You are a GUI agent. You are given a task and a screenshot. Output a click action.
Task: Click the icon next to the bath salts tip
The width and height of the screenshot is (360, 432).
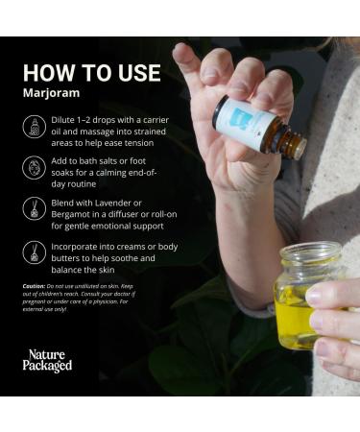(x=34, y=168)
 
